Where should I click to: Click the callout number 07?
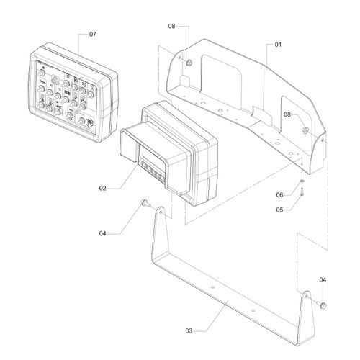93,34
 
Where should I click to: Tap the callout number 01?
278,45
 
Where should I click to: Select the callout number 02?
102,188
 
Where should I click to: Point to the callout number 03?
189,331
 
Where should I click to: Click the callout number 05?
279,210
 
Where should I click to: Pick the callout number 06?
279,194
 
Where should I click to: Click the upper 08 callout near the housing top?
171,26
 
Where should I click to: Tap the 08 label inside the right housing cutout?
287,114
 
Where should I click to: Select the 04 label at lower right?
323,279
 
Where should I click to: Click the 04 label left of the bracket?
102,233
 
